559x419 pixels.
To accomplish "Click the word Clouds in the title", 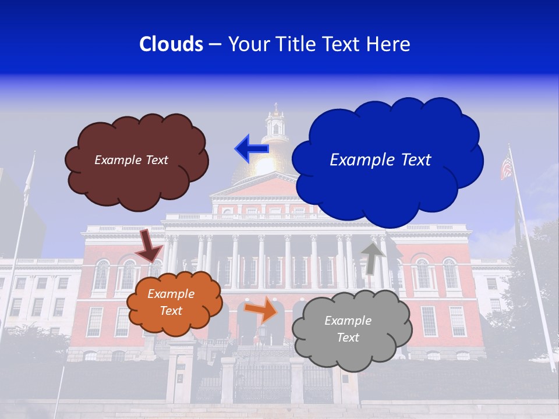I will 171,44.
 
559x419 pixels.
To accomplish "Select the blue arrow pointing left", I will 251,148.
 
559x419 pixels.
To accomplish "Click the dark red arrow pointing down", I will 150,245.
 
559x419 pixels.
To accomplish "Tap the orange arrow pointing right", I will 261,310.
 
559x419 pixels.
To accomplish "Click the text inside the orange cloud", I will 171,303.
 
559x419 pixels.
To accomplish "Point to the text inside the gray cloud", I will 348,329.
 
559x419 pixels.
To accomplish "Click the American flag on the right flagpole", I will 506,168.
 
